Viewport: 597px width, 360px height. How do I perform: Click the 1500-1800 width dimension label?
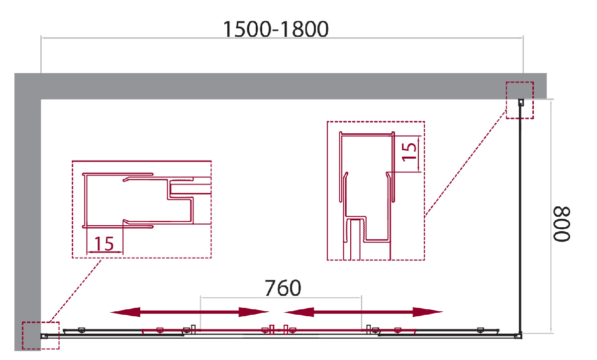tap(276, 29)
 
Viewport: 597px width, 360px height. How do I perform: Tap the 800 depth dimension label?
tap(562, 224)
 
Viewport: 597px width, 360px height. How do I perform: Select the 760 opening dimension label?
tap(283, 288)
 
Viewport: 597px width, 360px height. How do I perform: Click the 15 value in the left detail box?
tap(104, 244)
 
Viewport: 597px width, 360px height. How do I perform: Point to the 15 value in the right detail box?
tap(409, 152)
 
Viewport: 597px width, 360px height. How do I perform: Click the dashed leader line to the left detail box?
tap(76, 290)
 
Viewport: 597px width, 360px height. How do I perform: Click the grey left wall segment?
tap(27, 225)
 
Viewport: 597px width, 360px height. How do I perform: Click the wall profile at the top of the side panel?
tap(521, 102)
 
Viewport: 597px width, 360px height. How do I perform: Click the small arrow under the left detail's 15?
tap(105, 252)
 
